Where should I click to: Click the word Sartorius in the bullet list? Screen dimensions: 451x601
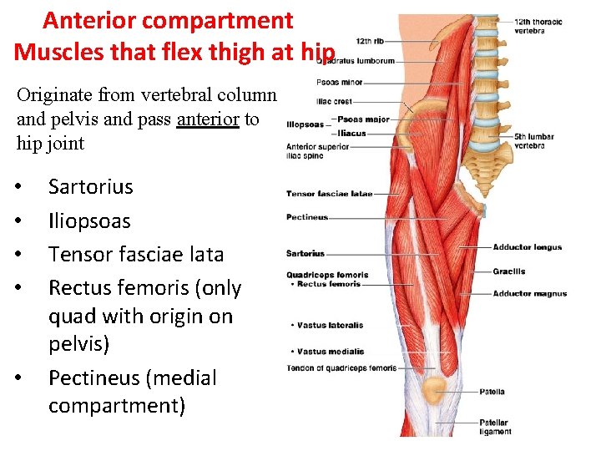[x=90, y=186]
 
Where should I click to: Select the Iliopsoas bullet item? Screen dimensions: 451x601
[x=89, y=221]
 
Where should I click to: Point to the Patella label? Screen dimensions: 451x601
[x=492, y=391]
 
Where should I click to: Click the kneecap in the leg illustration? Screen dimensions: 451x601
[x=433, y=389]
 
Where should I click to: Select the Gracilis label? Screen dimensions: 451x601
[x=509, y=271]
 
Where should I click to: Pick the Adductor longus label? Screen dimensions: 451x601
[x=528, y=247]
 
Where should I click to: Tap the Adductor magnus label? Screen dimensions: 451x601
[x=529, y=294]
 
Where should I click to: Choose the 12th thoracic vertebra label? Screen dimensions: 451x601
[x=538, y=26]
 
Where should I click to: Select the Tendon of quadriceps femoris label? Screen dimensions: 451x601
[x=341, y=368]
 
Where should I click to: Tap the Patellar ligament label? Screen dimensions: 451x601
[x=493, y=426]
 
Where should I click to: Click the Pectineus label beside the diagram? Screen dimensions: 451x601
[x=307, y=217]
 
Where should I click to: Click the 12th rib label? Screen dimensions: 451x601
[x=370, y=40]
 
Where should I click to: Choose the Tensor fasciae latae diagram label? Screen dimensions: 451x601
[x=329, y=194]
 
